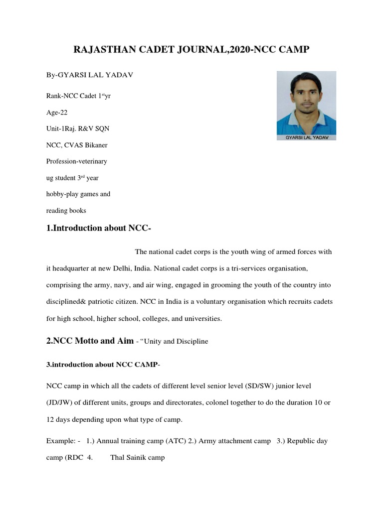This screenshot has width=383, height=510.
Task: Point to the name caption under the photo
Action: [306, 136]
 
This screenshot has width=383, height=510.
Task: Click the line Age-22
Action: [57, 112]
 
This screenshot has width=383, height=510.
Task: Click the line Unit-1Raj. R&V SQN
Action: [78, 128]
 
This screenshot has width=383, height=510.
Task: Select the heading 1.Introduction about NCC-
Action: [98, 229]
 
